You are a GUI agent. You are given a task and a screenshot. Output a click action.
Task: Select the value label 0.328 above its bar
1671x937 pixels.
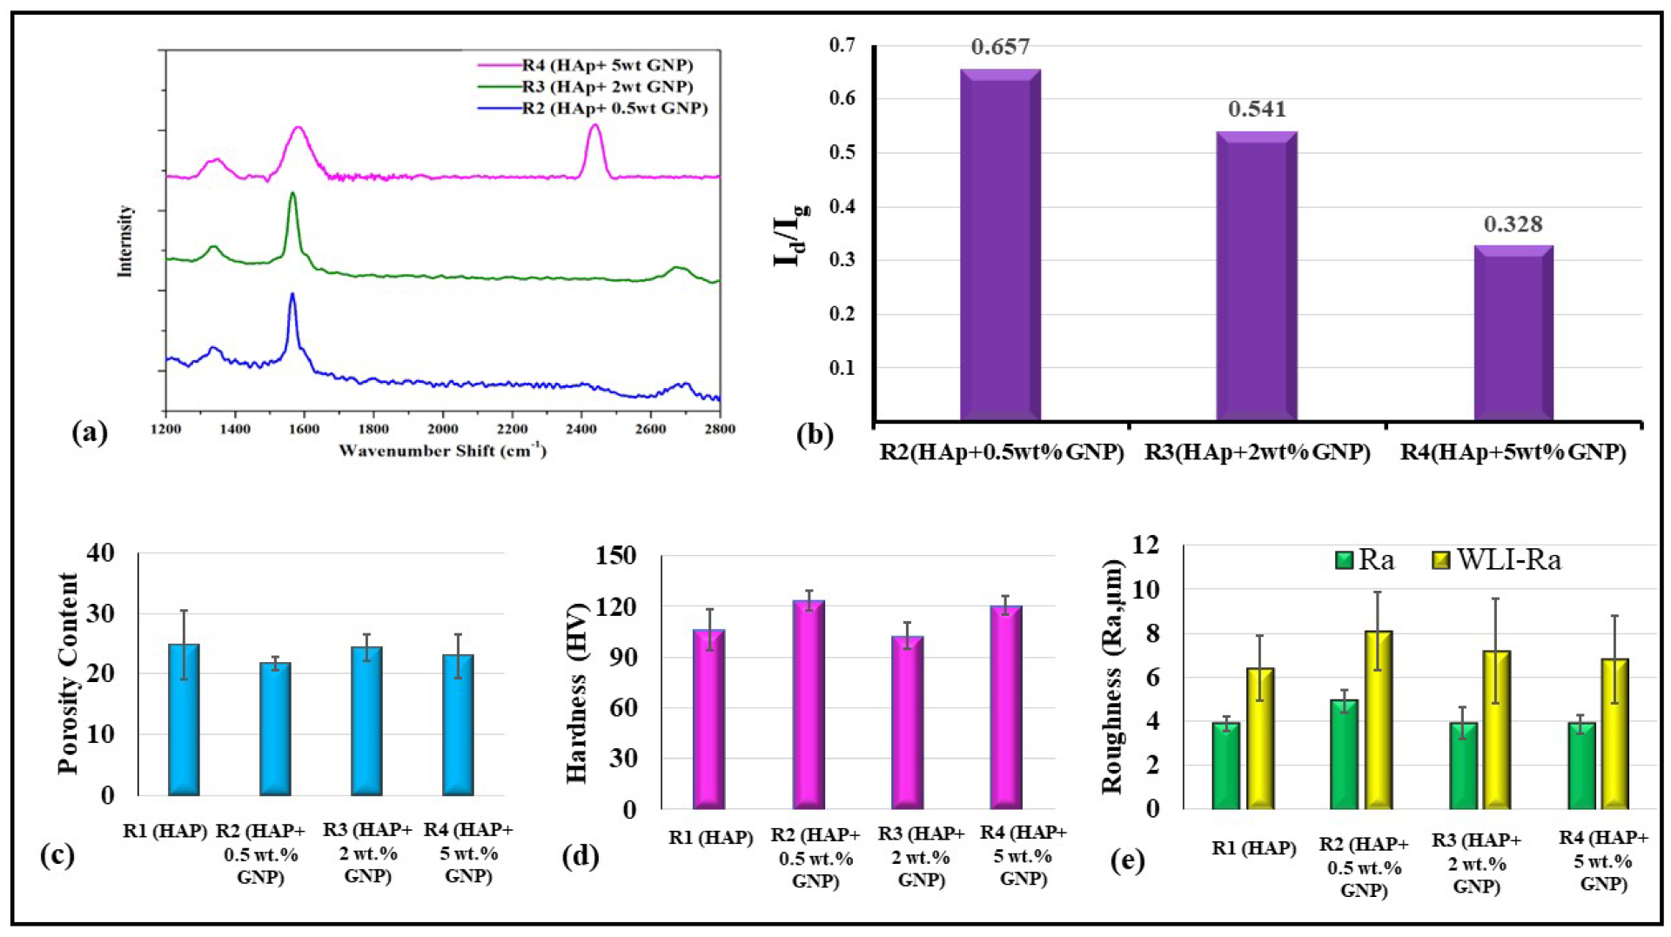(1513, 224)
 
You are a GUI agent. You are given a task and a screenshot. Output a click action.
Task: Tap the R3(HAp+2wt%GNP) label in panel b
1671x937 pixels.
(1257, 452)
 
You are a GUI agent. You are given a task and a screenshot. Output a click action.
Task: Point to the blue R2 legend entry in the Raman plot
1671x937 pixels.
(613, 109)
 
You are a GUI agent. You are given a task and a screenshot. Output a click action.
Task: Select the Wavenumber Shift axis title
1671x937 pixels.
(442, 451)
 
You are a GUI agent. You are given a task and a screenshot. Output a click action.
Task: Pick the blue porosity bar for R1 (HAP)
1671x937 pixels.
(184, 720)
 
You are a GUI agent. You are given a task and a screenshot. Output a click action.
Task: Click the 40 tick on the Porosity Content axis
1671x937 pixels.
(101, 552)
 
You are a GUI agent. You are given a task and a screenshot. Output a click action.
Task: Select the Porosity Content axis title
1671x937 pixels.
(69, 673)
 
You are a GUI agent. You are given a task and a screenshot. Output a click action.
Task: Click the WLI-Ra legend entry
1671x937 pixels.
(1497, 560)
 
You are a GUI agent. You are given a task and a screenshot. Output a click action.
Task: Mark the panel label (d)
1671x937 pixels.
(580, 857)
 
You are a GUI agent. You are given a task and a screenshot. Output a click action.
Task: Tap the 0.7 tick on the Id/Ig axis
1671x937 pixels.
(842, 45)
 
